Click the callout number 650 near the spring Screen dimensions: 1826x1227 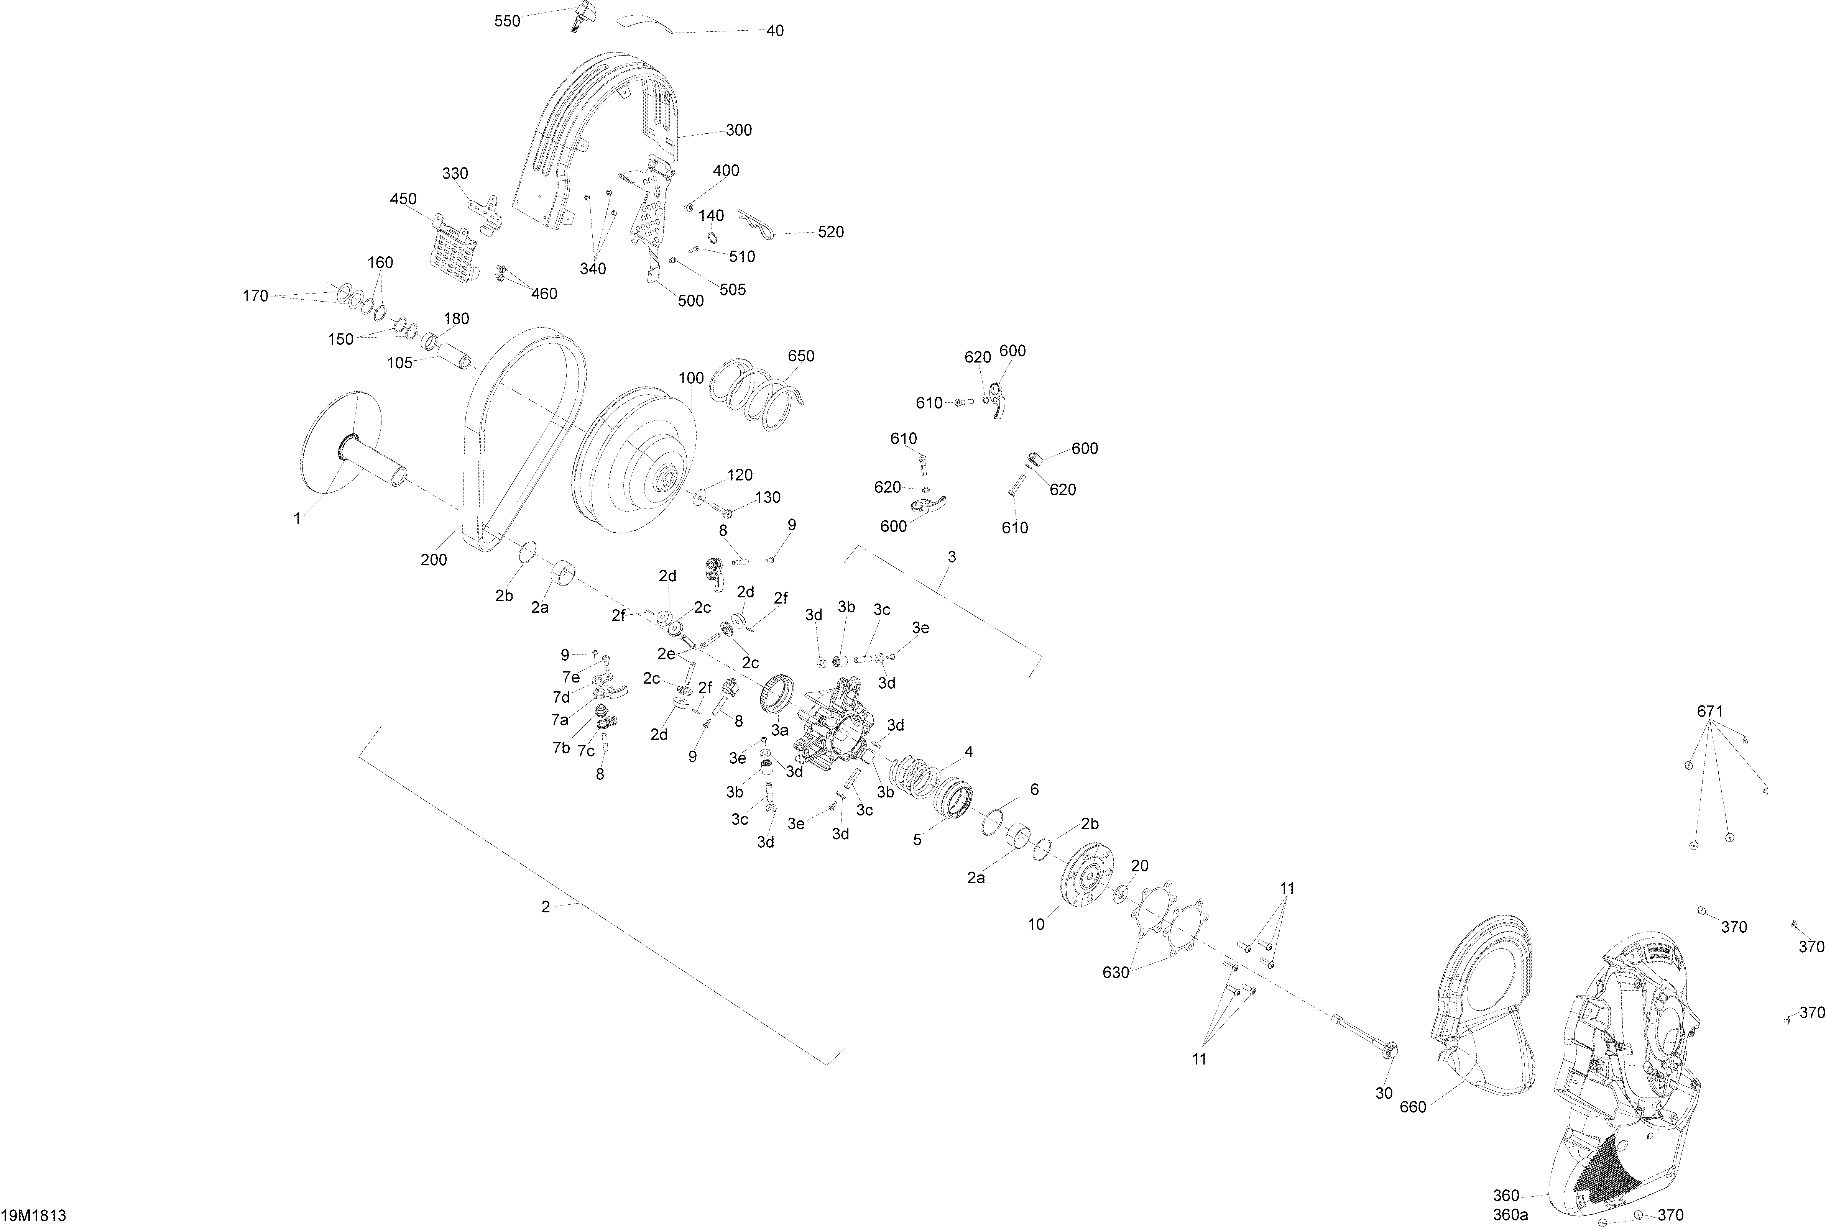(x=801, y=356)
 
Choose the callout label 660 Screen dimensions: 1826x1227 (x=1413, y=1107)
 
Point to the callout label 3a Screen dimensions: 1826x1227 (x=779, y=730)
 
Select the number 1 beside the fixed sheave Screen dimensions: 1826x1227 (x=297, y=518)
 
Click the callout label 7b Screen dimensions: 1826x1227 (x=561, y=747)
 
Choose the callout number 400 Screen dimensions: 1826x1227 (x=726, y=171)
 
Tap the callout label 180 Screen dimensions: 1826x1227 (x=456, y=318)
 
